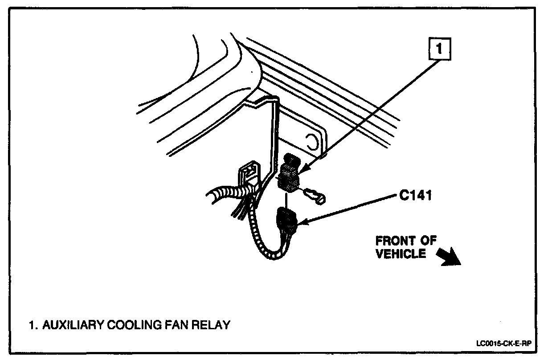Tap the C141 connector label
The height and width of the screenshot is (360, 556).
[x=415, y=196]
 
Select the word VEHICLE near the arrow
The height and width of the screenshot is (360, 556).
[x=401, y=254]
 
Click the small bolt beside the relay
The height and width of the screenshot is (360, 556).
[x=317, y=196]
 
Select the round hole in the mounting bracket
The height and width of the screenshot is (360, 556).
[x=312, y=142]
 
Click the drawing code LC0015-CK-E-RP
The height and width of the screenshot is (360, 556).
[x=505, y=344]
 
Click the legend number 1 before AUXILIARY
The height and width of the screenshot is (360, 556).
[x=32, y=325]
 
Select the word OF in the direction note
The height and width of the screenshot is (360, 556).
[x=429, y=241]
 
